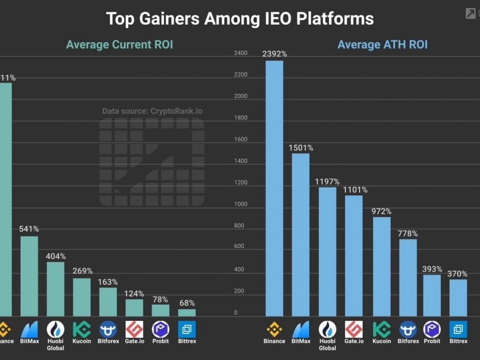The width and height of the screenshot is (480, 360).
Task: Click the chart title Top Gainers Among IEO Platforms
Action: [x=240, y=19]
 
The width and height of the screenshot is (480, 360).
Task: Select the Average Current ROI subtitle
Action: [x=120, y=44]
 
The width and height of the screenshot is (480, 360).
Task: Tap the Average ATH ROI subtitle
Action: [x=382, y=44]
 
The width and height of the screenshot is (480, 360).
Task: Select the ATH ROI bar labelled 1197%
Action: [x=327, y=252]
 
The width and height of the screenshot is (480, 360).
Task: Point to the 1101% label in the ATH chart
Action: [x=355, y=190]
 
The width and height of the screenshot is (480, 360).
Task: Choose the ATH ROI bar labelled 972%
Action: [x=382, y=267]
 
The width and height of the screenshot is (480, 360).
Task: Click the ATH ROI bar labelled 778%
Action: [x=408, y=278]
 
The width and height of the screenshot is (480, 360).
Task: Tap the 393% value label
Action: [x=432, y=269]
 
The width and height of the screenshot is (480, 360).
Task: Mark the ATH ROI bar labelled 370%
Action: [x=458, y=298]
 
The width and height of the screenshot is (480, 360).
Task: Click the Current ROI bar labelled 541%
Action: [x=29, y=276]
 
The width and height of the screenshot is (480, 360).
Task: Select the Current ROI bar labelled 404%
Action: [x=56, y=289]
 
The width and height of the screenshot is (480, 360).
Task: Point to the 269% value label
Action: [x=82, y=271]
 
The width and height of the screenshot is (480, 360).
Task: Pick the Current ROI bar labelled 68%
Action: [x=187, y=312]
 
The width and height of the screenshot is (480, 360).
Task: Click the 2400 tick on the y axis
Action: [x=241, y=53]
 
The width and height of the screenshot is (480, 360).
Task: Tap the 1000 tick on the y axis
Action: [x=241, y=204]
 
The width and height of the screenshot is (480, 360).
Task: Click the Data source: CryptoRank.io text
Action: [x=152, y=111]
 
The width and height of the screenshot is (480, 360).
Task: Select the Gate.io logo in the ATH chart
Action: [x=354, y=329]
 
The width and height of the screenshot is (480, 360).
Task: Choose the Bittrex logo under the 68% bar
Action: [x=187, y=329]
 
